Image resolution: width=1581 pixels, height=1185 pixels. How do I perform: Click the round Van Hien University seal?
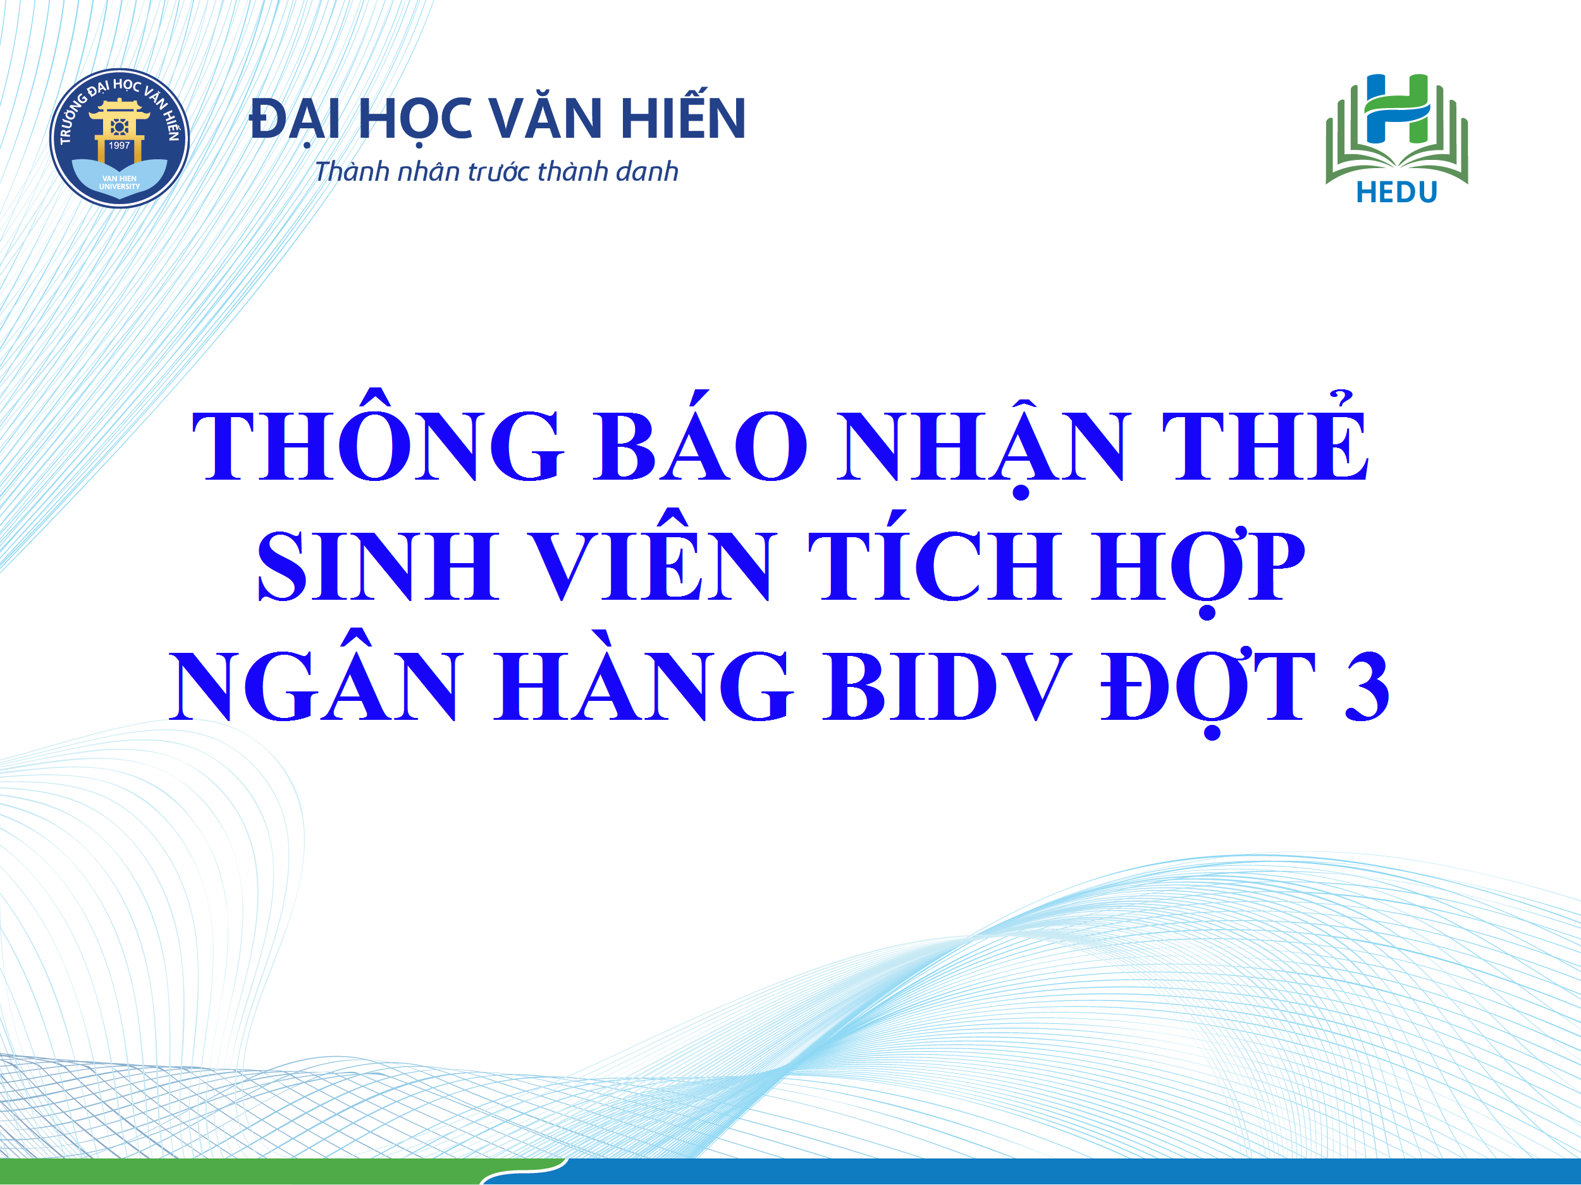[120, 138]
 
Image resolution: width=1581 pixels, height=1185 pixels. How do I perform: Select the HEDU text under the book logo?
[1396, 193]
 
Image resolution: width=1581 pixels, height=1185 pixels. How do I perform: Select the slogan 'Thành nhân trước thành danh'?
[496, 172]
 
